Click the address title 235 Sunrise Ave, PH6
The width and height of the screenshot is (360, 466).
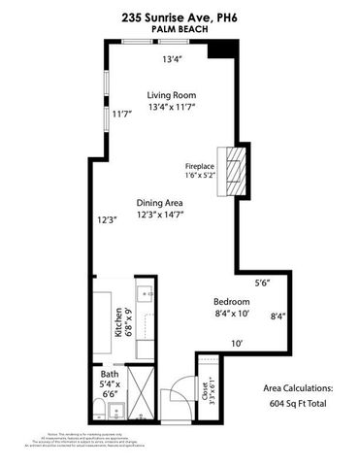point(180,16)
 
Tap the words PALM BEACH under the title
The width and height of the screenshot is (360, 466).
point(180,29)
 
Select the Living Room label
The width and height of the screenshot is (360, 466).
point(172,94)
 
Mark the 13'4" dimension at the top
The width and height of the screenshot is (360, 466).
point(173,58)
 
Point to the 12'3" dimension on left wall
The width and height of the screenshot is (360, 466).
point(108,219)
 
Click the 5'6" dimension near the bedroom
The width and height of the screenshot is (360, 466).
point(262,283)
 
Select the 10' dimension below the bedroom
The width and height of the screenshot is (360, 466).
point(236,343)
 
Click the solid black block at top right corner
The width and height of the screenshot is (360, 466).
point(225,50)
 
